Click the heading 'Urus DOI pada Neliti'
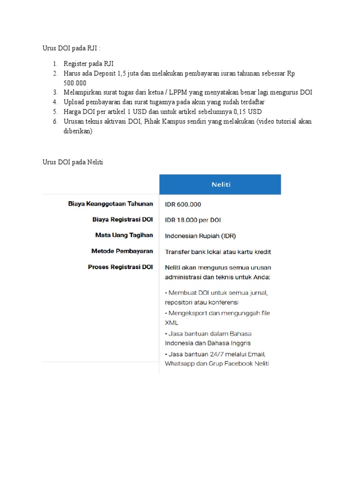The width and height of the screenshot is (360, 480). click(x=73, y=162)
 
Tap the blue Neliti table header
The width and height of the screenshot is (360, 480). click(x=220, y=185)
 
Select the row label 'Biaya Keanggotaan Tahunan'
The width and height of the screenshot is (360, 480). click(x=111, y=204)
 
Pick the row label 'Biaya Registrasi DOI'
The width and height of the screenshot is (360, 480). click(x=122, y=219)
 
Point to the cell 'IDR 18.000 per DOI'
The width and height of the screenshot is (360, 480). click(x=193, y=220)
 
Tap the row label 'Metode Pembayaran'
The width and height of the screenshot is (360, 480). click(x=122, y=251)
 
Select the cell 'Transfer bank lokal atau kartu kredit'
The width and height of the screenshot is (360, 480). click(x=218, y=252)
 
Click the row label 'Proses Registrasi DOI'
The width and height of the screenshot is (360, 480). click(x=120, y=267)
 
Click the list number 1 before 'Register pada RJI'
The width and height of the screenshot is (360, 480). click(x=54, y=64)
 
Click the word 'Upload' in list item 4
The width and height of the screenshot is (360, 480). click(x=74, y=102)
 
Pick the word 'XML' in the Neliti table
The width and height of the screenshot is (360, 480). click(x=172, y=323)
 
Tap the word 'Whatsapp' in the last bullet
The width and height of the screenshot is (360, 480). click(x=180, y=364)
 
